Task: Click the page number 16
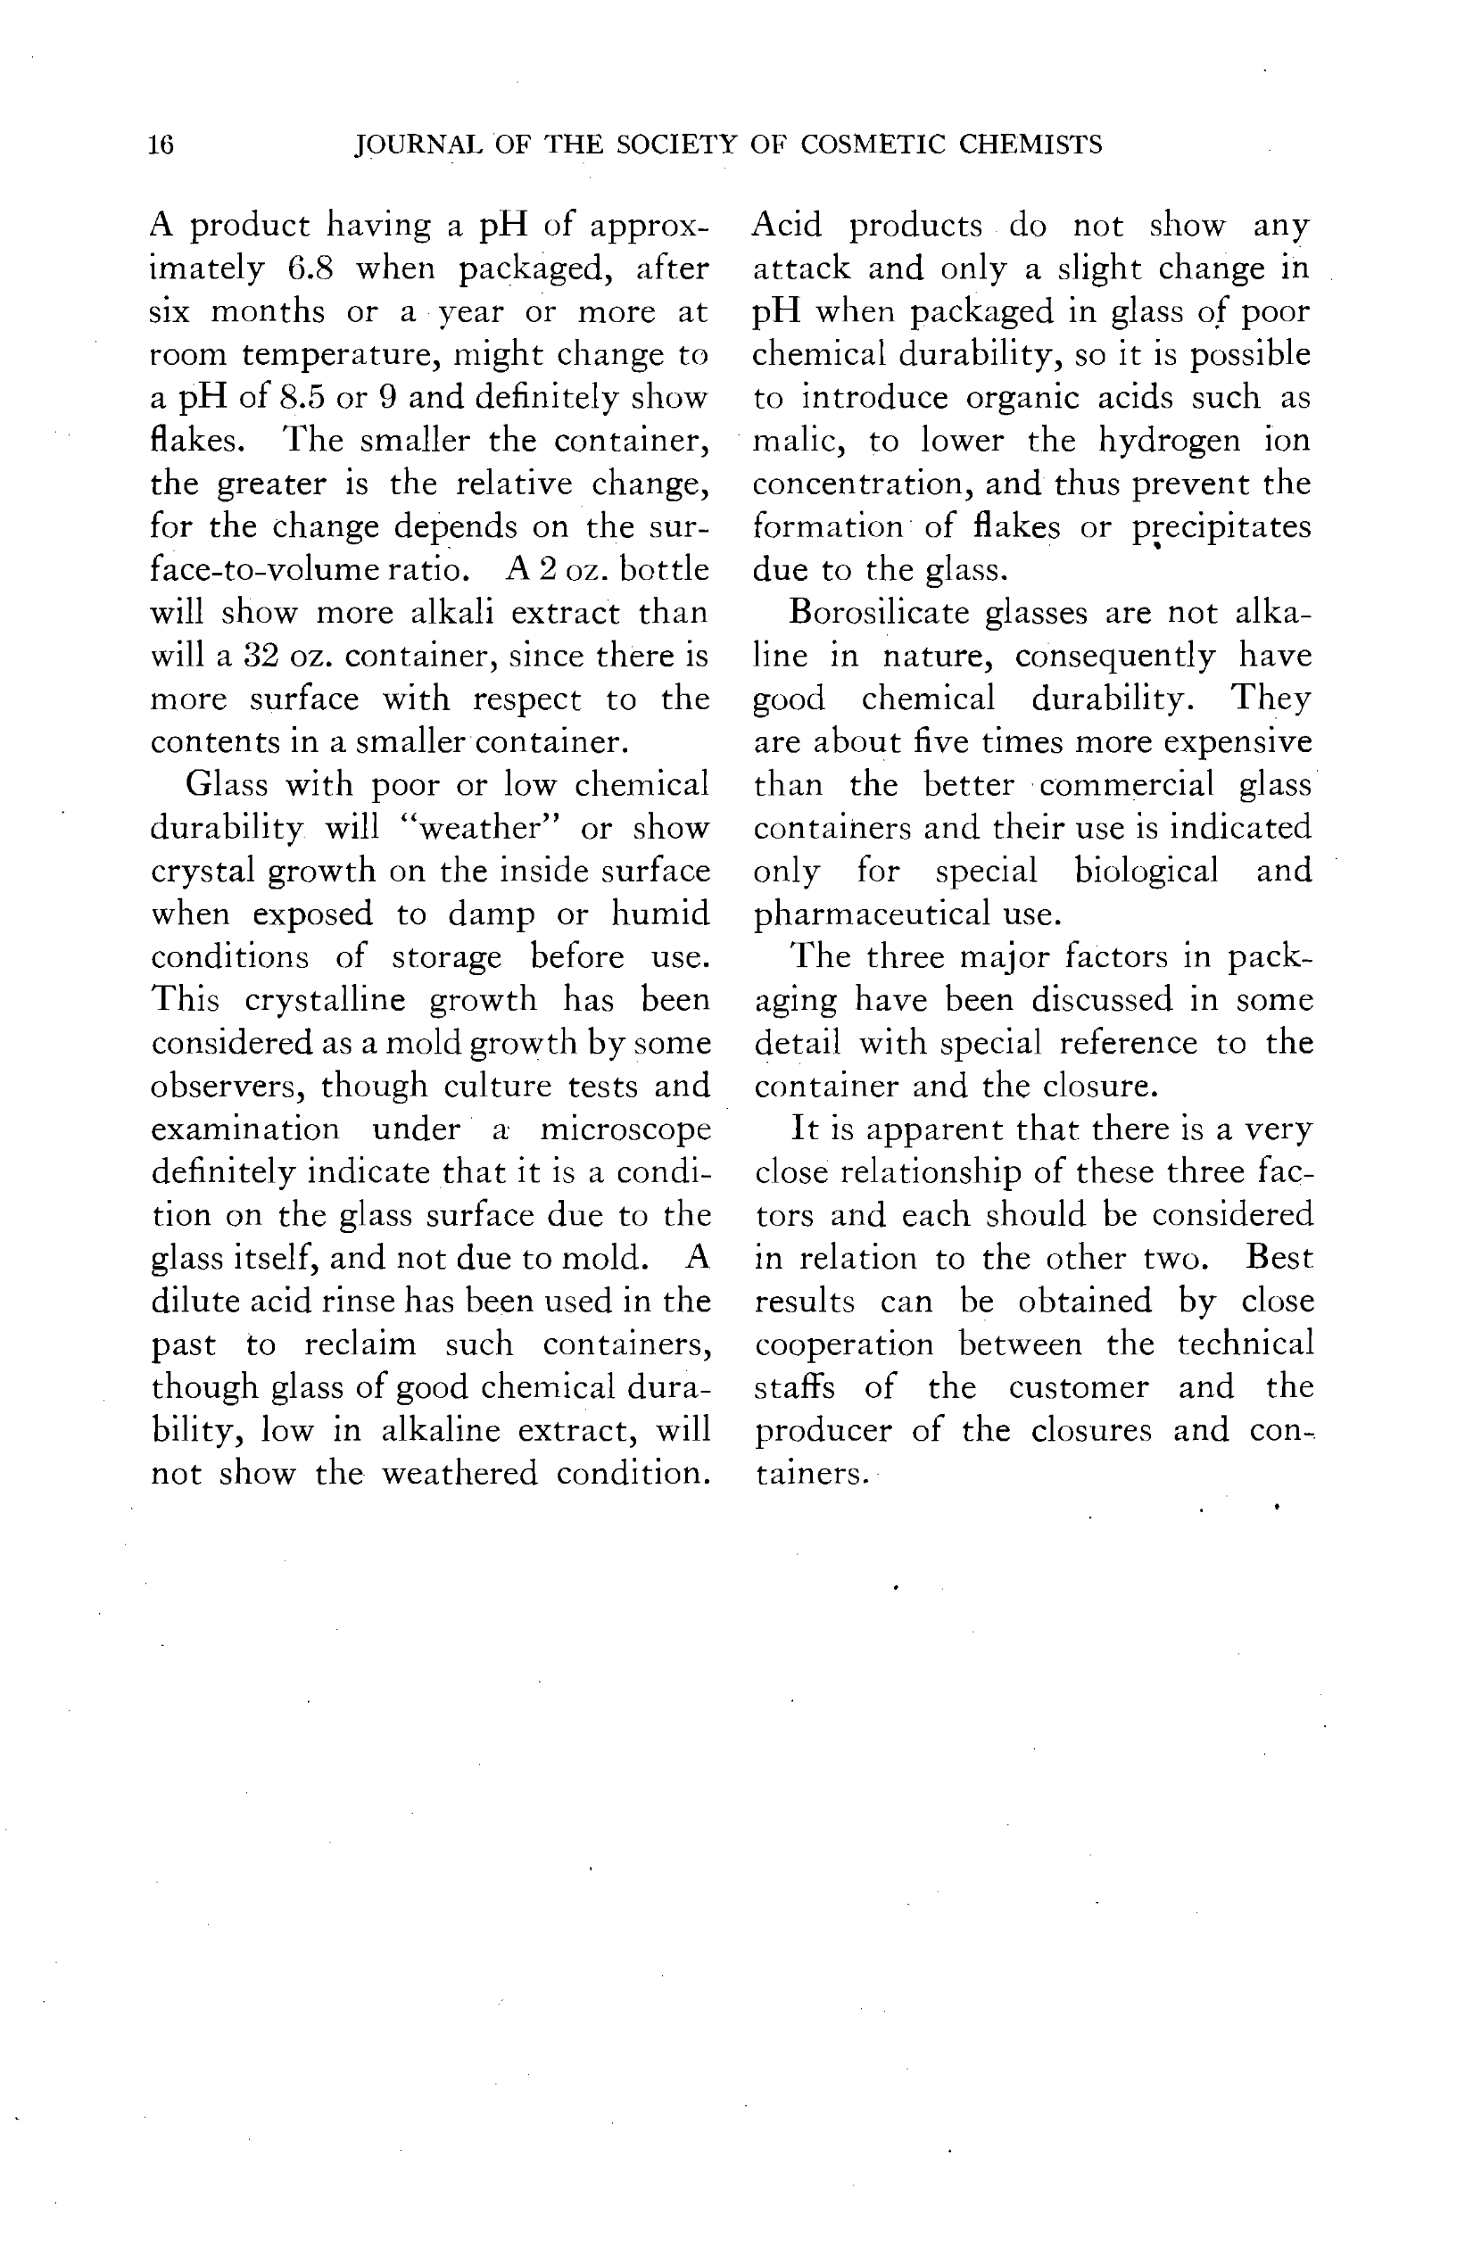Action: (x=161, y=145)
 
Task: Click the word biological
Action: (x=1146, y=872)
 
